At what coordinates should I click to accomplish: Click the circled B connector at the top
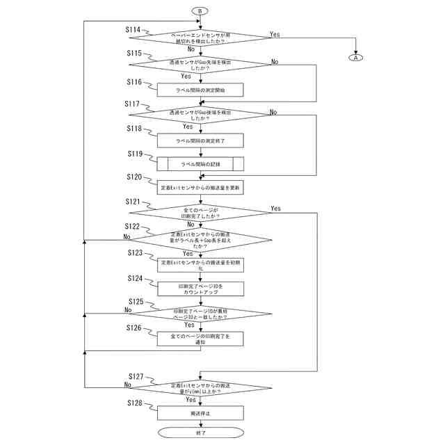[200, 12]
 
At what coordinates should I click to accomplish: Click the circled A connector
[357, 58]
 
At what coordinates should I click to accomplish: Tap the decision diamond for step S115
[200, 65]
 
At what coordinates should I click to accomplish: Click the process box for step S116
[200, 90]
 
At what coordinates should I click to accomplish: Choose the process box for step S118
[200, 140]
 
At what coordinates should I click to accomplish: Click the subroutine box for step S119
[200, 164]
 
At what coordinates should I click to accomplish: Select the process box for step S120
[200, 188]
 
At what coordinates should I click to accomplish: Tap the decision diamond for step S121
[200, 212]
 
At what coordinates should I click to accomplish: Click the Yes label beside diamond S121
[276, 209]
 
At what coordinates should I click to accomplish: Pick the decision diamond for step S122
[200, 240]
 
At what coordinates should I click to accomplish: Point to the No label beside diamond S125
[128, 309]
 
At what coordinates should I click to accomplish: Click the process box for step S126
[200, 338]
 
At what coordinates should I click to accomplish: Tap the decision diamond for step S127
[200, 388]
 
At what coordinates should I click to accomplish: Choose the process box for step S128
[200, 413]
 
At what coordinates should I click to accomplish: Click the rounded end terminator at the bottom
[200, 432]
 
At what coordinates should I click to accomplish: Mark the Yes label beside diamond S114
[275, 34]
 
